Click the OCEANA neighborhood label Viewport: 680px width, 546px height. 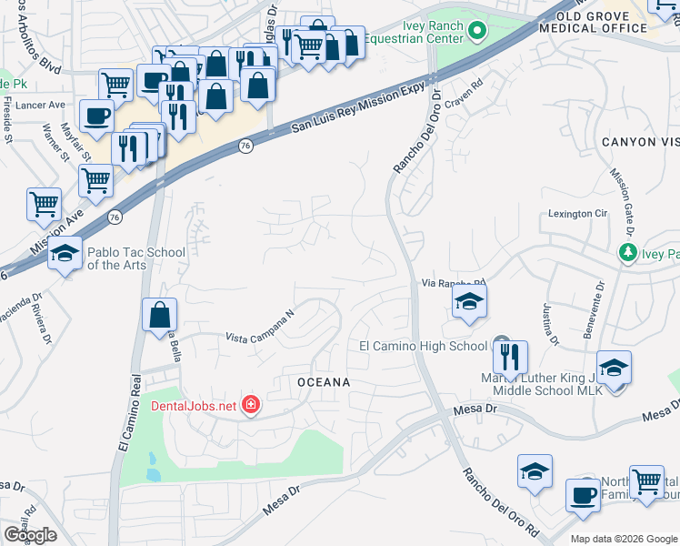tap(324, 382)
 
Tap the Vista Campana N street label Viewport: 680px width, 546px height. tap(262, 326)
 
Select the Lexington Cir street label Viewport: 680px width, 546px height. tap(576, 214)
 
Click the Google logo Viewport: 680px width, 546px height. tap(31, 534)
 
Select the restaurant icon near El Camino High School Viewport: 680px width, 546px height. tap(511, 355)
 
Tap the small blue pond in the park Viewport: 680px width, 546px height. tap(152, 473)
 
